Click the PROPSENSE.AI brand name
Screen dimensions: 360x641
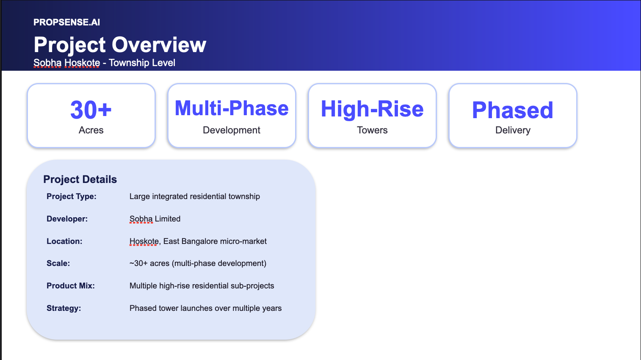coord(66,22)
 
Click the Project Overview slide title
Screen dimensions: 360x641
coord(120,44)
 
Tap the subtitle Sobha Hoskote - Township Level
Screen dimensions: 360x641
coord(104,63)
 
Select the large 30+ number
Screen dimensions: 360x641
coord(91,110)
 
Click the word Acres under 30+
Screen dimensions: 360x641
coord(91,130)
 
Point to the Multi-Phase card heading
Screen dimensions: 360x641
coord(232,108)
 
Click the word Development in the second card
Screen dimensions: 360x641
coord(232,130)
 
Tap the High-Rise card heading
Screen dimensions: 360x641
coord(372,109)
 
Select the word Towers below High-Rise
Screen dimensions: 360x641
coord(372,130)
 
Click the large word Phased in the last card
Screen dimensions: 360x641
coord(512,110)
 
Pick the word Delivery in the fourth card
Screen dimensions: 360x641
coord(513,130)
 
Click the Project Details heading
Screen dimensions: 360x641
coord(80,179)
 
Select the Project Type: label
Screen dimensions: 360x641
coord(72,197)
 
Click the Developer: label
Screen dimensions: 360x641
coord(67,219)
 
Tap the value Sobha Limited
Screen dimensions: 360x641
coord(155,219)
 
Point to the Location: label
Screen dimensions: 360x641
coord(64,241)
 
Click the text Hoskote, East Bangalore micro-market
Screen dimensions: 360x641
coord(198,241)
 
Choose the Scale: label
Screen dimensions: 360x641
coord(58,263)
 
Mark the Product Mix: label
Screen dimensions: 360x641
coord(71,286)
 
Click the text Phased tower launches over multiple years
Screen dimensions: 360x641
coord(205,308)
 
